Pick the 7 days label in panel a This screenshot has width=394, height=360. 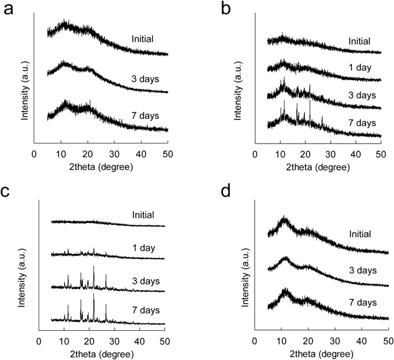point(144,116)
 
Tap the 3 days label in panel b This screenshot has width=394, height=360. point(361,95)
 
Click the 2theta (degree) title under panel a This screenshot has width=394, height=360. point(100,167)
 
